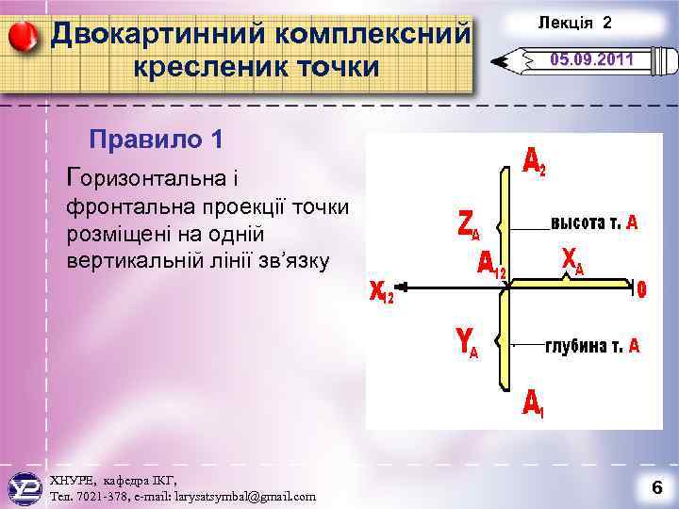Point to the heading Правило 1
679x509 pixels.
[156, 140]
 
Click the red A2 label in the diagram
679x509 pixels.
[534, 164]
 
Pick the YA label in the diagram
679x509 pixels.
[467, 346]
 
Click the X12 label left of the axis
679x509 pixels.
[382, 294]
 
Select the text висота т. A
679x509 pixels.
[594, 223]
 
